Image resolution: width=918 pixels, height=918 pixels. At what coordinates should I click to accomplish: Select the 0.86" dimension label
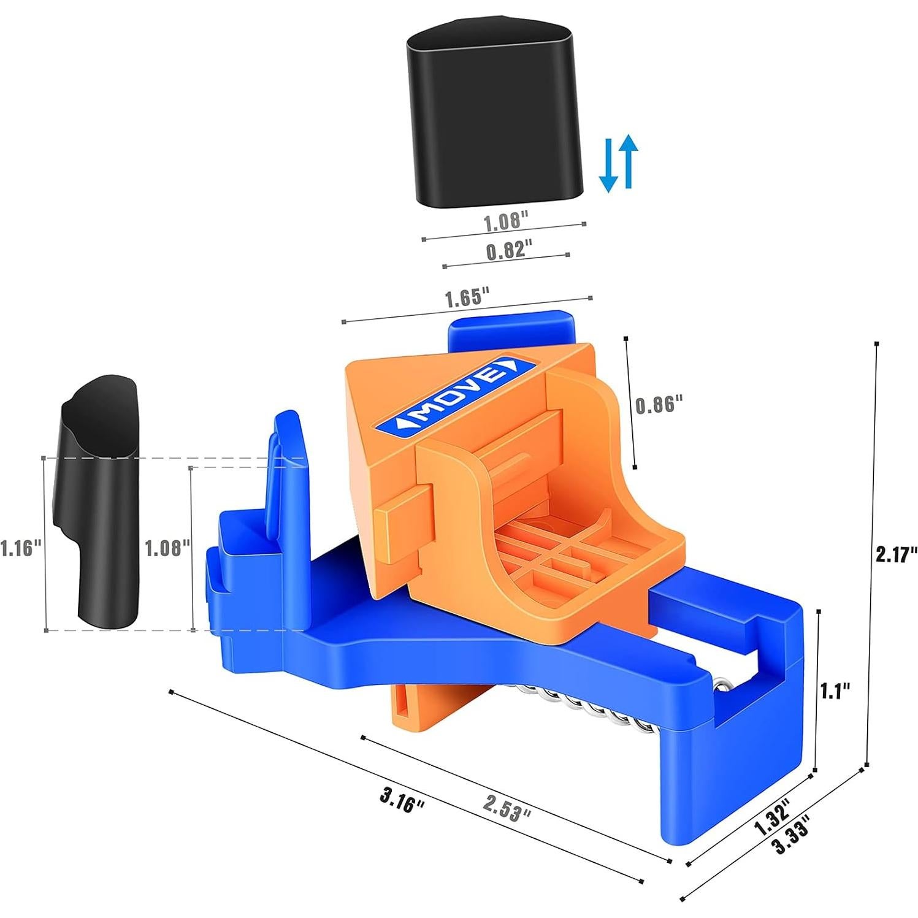[659, 405]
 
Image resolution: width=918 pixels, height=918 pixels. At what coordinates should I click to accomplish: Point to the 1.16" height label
[21, 546]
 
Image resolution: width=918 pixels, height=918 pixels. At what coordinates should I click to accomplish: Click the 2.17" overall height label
[896, 554]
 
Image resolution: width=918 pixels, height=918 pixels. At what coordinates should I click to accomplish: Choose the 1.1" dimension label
[836, 691]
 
